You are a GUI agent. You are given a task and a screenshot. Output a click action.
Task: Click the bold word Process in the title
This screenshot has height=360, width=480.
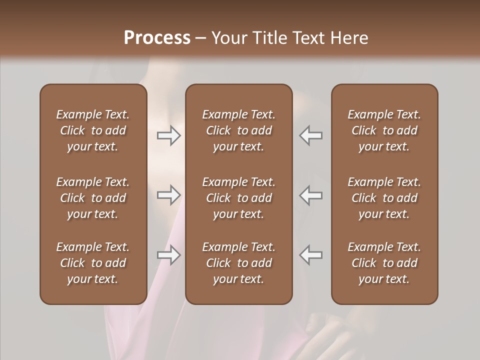(x=157, y=38)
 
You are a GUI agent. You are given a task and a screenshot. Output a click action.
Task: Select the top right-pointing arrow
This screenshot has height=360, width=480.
(x=169, y=135)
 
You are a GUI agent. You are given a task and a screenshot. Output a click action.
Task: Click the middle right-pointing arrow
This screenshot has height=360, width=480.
(x=169, y=195)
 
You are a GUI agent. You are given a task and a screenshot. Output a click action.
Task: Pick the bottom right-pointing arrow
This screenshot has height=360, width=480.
(x=169, y=255)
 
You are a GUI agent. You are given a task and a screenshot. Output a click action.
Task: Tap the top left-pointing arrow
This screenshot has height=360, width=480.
(x=311, y=135)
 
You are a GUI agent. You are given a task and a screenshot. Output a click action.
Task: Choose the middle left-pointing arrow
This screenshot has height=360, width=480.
(x=311, y=195)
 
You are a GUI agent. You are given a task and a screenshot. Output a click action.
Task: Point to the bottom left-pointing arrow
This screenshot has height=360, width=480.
(x=311, y=255)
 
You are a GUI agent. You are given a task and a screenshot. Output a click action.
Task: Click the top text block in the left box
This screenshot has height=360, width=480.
(x=93, y=130)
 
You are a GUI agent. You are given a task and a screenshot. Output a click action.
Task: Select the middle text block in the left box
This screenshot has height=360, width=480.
(x=93, y=198)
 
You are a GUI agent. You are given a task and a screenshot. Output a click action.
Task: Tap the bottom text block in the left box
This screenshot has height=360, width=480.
(x=93, y=263)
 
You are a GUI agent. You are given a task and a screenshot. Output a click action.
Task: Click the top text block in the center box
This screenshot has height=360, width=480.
(x=239, y=130)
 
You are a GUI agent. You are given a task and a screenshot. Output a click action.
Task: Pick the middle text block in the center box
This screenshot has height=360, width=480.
(x=239, y=198)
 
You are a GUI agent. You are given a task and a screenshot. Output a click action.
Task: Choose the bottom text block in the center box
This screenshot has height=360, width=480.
(x=239, y=263)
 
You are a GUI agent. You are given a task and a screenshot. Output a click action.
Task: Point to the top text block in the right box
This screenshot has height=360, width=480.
(x=384, y=130)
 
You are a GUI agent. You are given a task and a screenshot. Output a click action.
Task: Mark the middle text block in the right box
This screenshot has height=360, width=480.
(x=384, y=198)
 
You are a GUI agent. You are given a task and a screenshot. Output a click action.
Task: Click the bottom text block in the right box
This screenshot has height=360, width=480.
(x=384, y=263)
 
